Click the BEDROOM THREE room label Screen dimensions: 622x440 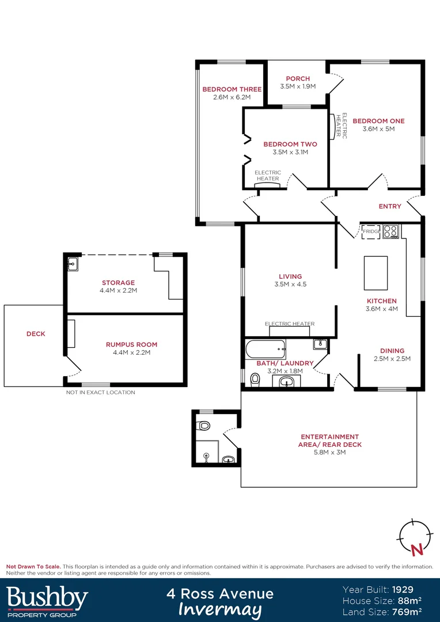click(232, 89)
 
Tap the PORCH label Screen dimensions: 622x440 click(298, 78)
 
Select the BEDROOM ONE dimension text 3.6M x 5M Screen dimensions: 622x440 click(378, 129)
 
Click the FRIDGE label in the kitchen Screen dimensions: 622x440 click(371, 232)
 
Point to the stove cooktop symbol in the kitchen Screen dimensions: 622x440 click(391, 231)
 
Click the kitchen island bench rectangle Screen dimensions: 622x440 click(375, 273)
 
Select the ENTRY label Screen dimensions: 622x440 click(390, 206)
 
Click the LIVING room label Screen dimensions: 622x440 click(290, 276)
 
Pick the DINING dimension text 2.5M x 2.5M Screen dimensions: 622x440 click(392, 359)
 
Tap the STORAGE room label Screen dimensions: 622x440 click(118, 283)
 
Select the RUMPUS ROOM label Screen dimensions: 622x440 click(131, 344)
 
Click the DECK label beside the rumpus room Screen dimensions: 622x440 click(36, 333)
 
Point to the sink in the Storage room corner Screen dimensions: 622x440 click(73, 264)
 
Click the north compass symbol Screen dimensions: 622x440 click(414, 537)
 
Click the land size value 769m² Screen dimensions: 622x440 click(405, 611)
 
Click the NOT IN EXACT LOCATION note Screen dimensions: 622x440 click(100, 392)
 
